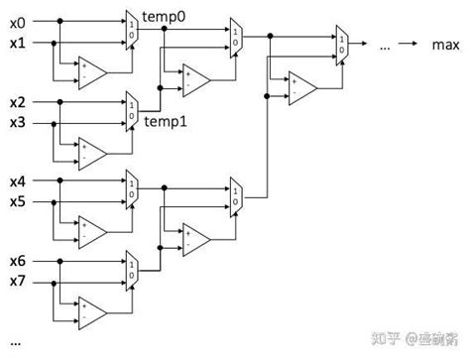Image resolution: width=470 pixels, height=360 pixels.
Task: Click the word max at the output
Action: [443, 45]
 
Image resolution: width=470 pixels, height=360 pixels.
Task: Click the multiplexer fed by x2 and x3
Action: [132, 110]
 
